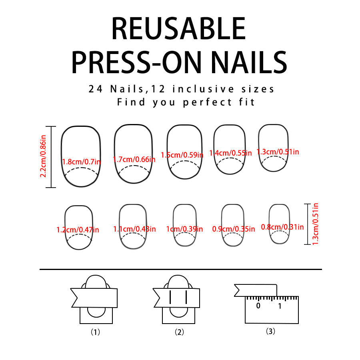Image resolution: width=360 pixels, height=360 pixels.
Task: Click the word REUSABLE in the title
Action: coord(179,29)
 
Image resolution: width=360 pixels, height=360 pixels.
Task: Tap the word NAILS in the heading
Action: coord(249,62)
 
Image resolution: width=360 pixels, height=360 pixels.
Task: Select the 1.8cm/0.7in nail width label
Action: coord(81,162)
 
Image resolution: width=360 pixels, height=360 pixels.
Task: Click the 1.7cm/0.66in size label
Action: coord(134,159)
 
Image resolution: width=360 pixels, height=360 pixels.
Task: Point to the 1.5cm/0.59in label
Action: coord(182,155)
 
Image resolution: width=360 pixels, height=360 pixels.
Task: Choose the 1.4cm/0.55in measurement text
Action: coord(230,153)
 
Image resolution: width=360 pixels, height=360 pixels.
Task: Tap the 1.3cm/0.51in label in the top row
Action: coord(278,152)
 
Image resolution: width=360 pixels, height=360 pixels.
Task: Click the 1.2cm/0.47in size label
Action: coord(78,230)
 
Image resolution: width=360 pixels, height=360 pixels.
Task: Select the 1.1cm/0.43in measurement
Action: coord(134,229)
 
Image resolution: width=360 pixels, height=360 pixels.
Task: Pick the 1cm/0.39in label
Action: coord(184,229)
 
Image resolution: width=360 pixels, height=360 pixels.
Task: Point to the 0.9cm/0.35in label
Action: coord(234,229)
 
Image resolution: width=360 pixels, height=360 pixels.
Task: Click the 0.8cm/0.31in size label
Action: coord(282,227)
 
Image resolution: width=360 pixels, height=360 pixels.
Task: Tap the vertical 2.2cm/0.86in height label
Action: coord(43,156)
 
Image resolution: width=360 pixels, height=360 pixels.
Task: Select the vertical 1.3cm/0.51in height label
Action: coord(316,224)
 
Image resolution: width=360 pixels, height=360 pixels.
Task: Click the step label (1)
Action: coord(95,332)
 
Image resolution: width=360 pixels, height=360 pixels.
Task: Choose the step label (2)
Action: coord(179,332)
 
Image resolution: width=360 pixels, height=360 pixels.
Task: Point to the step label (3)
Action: coord(270,331)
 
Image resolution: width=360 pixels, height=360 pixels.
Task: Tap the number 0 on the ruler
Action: coord(258,306)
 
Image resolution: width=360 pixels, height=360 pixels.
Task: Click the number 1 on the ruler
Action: coord(280,306)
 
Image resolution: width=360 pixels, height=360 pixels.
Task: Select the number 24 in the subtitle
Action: coord(96,89)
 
